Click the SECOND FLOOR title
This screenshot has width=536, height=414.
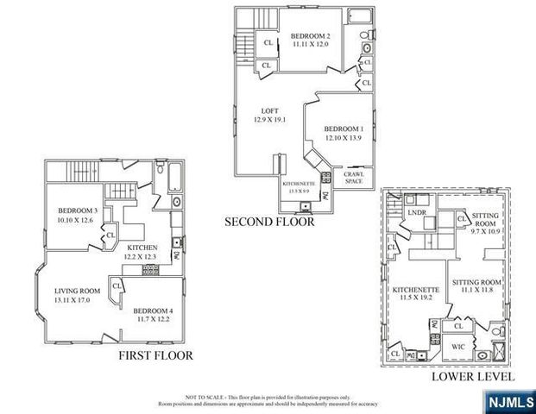click(269, 223)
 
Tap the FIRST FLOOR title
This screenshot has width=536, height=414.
click(155, 354)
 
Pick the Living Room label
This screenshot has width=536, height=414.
click(78, 295)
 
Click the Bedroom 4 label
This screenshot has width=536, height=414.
click(152, 314)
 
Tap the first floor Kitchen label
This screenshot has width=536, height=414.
click(139, 252)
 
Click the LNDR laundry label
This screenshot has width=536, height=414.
click(418, 211)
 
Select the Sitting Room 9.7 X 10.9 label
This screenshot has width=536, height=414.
click(486, 225)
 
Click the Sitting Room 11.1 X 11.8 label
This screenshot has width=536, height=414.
click(477, 286)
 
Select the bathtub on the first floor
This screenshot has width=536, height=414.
click(173, 180)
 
